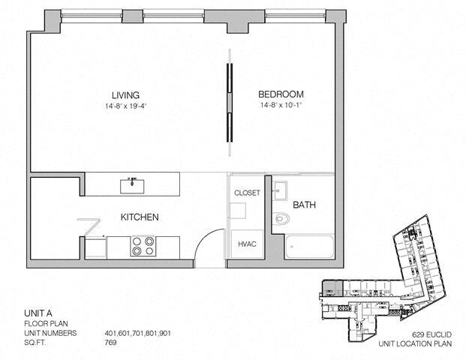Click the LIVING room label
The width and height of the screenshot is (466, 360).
[125, 95]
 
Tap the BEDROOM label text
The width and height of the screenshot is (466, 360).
[281, 94]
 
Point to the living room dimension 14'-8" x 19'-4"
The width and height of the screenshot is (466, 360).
[126, 106]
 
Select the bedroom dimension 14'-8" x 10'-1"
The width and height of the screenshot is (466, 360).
[281, 105]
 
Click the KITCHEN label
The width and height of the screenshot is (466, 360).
[140, 217]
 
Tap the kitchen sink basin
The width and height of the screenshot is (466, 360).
[132, 186]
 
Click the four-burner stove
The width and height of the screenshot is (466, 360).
[143, 246]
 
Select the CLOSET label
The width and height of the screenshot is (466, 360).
[247, 193]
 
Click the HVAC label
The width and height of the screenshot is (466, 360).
[247, 244]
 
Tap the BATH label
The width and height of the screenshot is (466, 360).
[304, 205]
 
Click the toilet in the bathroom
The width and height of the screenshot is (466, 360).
[281, 218]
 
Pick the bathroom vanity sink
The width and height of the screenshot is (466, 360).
[280, 190]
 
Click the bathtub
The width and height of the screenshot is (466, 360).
[309, 247]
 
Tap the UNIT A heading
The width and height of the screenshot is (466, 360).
[38, 313]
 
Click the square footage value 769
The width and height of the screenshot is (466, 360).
[110, 343]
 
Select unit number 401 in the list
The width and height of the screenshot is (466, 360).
[110, 333]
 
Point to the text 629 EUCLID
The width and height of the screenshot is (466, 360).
[431, 334]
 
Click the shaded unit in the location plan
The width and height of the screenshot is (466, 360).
[332, 288]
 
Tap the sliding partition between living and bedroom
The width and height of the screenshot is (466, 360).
[229, 102]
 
